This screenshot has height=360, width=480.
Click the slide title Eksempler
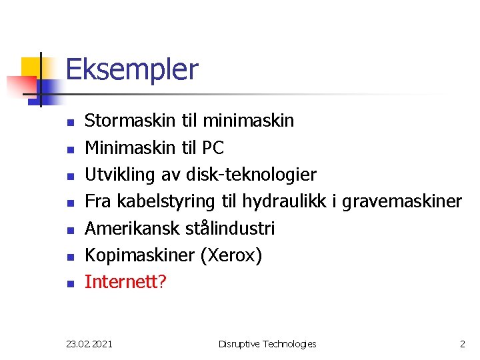coord(132,69)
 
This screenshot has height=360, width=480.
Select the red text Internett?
coord(125,282)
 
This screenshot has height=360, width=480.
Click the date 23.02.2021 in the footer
coord(89,344)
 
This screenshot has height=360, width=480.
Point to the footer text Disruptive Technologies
coord(267,344)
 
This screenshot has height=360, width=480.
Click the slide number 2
coord(462,344)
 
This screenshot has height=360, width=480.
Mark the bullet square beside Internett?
coord(69,283)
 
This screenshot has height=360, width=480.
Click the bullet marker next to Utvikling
coord(69,176)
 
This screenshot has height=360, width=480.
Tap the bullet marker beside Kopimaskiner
coord(69,257)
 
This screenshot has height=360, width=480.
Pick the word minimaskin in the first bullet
coord(248,121)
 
